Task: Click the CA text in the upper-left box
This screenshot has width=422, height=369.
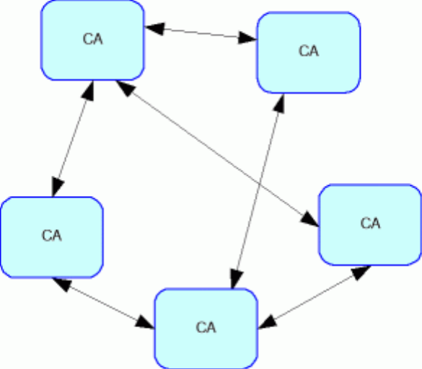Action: [93, 39]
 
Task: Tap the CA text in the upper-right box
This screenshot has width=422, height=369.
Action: [309, 51]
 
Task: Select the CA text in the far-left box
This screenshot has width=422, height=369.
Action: [52, 236]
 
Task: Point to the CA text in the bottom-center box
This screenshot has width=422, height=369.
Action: [206, 327]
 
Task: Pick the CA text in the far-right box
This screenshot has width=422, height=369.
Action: [370, 223]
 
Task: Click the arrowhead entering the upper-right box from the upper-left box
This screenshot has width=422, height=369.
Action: [247, 38]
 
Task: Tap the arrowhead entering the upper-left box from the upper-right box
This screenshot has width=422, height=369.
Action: [154, 28]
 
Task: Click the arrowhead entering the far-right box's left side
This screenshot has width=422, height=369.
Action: [309, 219]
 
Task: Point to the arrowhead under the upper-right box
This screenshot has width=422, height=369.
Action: [279, 104]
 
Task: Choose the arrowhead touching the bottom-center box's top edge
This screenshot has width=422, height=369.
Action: [236, 279]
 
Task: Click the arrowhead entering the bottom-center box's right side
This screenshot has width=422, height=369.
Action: [268, 321]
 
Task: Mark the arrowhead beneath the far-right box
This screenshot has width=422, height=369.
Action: [361, 272]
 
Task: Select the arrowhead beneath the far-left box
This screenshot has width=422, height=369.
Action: [62, 284]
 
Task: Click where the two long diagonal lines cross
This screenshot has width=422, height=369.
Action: [260, 184]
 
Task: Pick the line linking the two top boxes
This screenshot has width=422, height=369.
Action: [201, 33]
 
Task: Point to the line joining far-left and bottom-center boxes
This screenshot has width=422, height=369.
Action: [103, 303]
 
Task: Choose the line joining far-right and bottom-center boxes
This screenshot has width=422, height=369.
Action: [315, 297]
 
